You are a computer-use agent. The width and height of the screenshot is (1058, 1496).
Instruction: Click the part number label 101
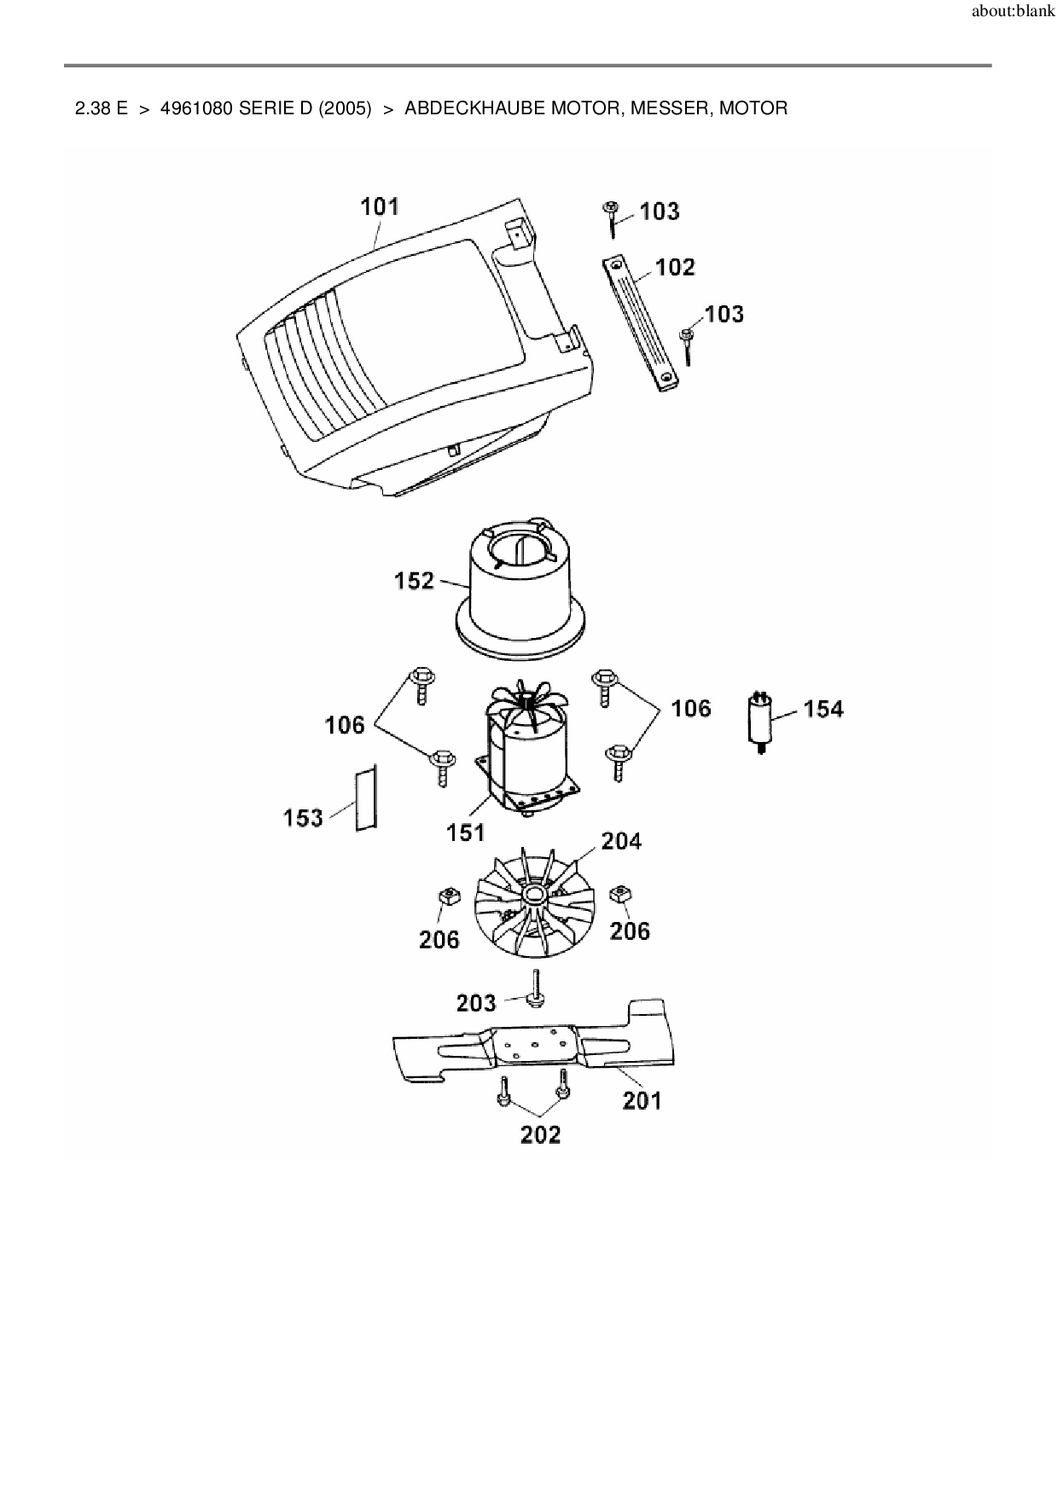(380, 206)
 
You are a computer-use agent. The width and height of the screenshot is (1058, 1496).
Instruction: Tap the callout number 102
(676, 267)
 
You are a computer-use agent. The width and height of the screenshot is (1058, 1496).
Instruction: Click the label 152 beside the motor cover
(415, 581)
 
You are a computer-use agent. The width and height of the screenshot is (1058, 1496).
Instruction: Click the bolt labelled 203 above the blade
(535, 989)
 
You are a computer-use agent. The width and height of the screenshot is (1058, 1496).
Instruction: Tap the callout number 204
(621, 841)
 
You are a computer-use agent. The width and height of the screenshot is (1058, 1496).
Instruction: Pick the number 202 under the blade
(541, 1134)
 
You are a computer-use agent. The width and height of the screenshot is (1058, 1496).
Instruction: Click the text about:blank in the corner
(1013, 13)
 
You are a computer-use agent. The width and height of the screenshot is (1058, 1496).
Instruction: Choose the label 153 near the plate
(304, 818)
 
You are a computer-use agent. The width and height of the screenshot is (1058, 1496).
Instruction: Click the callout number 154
(823, 709)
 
